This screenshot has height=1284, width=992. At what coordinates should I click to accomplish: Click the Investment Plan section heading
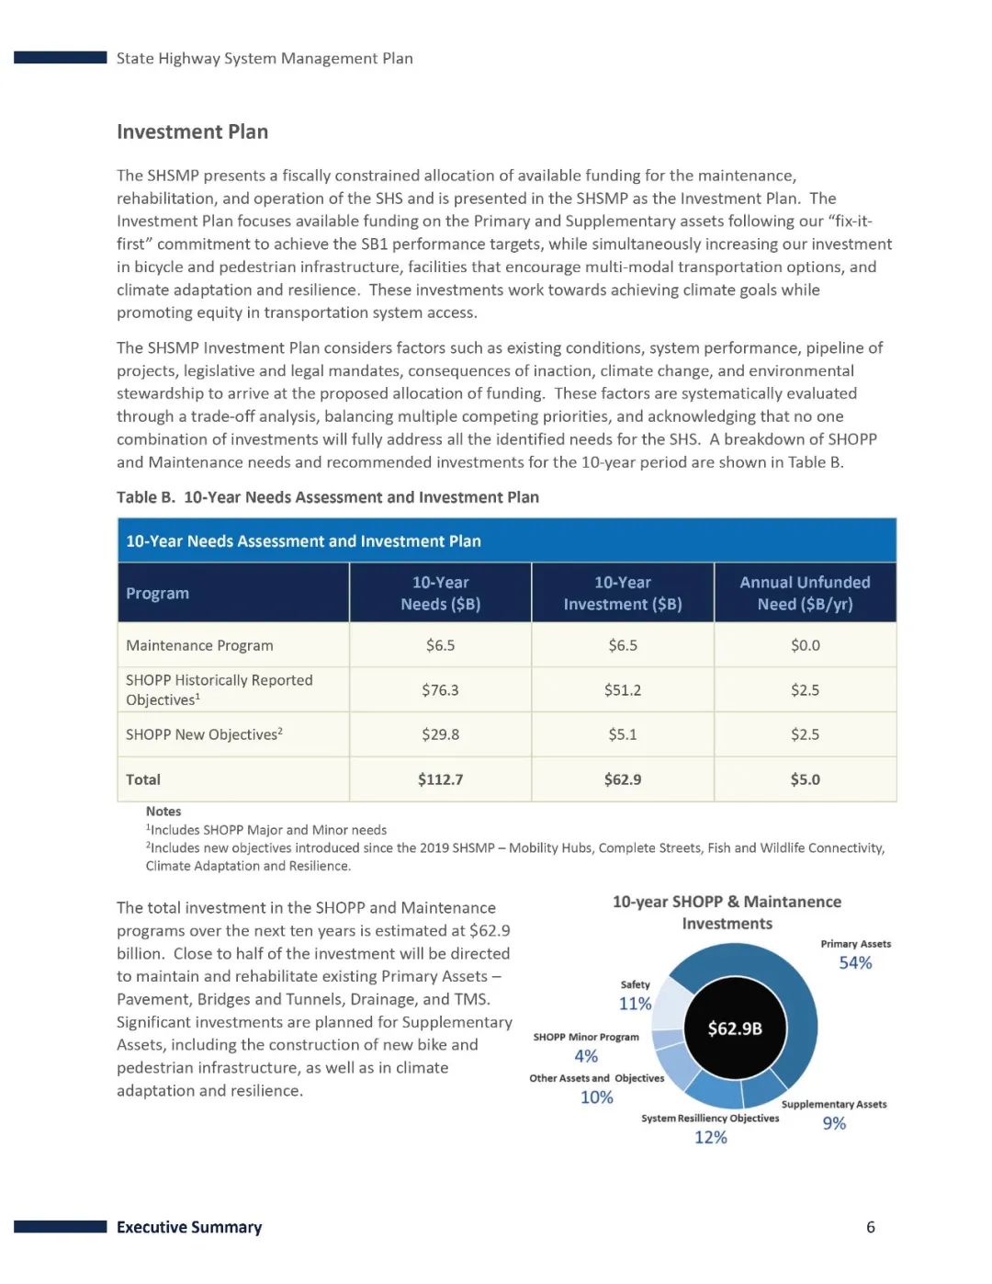(192, 132)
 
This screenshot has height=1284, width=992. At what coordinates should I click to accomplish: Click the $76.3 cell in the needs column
(440, 690)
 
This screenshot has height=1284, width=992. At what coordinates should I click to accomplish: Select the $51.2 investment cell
(622, 690)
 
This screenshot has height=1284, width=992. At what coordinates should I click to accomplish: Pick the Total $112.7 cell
(440, 779)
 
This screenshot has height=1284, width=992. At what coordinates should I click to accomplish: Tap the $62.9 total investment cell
(622, 779)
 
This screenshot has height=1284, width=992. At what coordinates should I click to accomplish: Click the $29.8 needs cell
(440, 734)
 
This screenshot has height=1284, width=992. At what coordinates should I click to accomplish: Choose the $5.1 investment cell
(622, 734)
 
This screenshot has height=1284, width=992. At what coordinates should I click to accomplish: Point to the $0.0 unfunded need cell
(805, 645)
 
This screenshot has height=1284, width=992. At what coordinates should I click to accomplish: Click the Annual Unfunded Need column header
(805, 593)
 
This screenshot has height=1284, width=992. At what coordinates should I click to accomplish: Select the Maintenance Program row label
(199, 645)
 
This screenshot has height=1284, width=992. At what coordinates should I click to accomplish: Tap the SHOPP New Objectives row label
(204, 734)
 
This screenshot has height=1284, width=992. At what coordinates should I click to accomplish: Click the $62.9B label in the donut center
(735, 1028)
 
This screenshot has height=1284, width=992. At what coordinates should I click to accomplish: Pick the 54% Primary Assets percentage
(855, 963)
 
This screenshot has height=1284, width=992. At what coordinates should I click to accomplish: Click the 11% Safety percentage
(635, 1004)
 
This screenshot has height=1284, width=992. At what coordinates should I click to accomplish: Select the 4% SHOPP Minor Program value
(586, 1056)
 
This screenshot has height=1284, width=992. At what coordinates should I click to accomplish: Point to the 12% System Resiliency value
(710, 1138)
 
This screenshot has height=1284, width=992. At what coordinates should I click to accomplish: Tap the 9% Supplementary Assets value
(834, 1123)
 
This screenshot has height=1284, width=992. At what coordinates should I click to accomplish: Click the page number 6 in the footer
(871, 1227)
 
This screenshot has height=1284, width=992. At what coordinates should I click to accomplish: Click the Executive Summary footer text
(189, 1227)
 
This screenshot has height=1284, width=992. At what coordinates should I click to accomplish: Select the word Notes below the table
(163, 812)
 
